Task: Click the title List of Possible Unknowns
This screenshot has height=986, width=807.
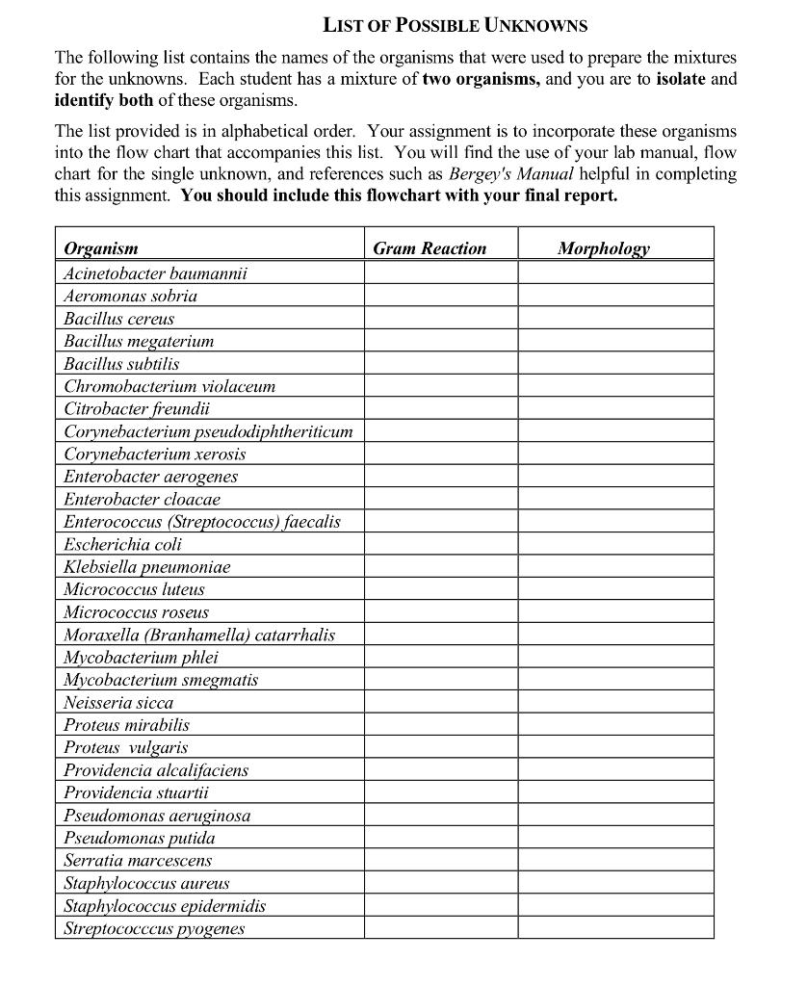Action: point(455,26)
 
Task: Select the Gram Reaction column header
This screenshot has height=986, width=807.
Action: point(430,248)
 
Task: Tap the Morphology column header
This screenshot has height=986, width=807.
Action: point(604,248)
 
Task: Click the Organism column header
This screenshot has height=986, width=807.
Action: point(101,248)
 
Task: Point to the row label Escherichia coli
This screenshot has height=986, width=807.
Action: point(122,544)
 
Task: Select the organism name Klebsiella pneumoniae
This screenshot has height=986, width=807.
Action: point(146,567)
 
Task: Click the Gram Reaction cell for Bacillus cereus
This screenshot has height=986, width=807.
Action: point(440,319)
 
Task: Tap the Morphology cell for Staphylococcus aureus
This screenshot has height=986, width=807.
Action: point(615,883)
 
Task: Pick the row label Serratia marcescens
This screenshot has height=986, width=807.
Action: point(138,860)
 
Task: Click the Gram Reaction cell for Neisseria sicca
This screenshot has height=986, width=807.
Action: point(440,703)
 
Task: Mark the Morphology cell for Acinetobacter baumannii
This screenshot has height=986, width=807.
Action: point(615,273)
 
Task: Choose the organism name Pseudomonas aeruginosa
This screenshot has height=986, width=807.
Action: point(157,816)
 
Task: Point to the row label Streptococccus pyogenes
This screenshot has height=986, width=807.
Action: point(154,928)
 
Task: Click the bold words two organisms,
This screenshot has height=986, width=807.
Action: point(482,79)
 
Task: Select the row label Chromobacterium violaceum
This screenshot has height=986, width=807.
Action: point(169,386)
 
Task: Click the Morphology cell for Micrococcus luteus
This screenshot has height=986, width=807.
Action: point(615,589)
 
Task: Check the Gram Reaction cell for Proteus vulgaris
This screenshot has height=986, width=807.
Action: point(440,747)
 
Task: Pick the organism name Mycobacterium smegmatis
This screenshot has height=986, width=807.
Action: point(161,680)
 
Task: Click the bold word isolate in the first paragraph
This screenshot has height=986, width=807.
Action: point(682,79)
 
